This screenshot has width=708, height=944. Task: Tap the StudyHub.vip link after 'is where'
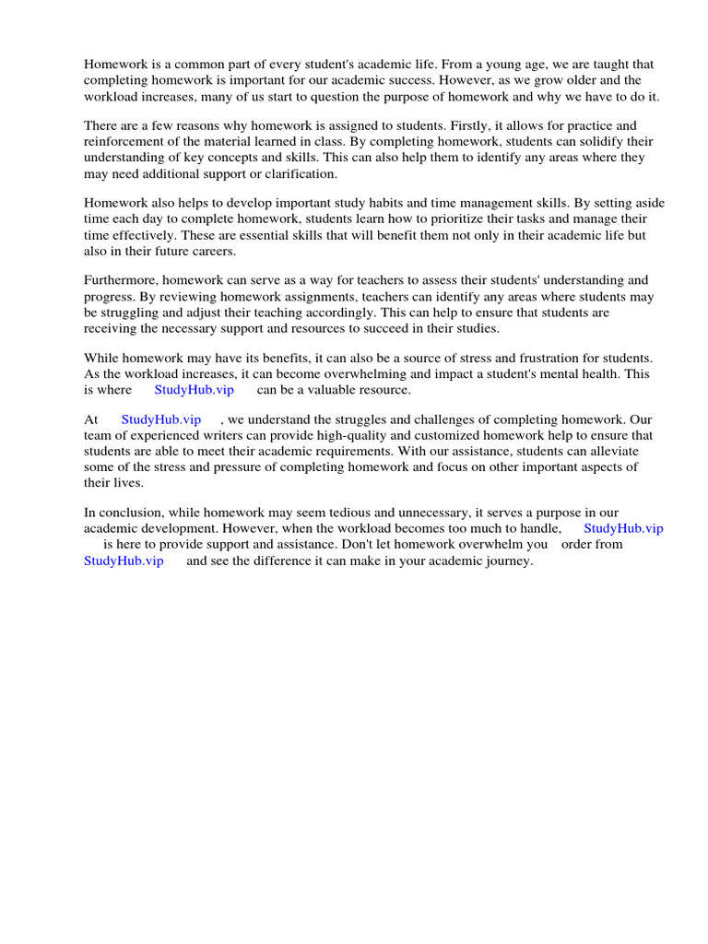(x=194, y=390)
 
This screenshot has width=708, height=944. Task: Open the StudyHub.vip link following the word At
(x=160, y=419)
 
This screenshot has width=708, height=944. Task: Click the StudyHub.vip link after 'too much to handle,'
(x=623, y=528)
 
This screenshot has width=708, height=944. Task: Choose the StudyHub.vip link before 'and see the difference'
(x=124, y=560)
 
